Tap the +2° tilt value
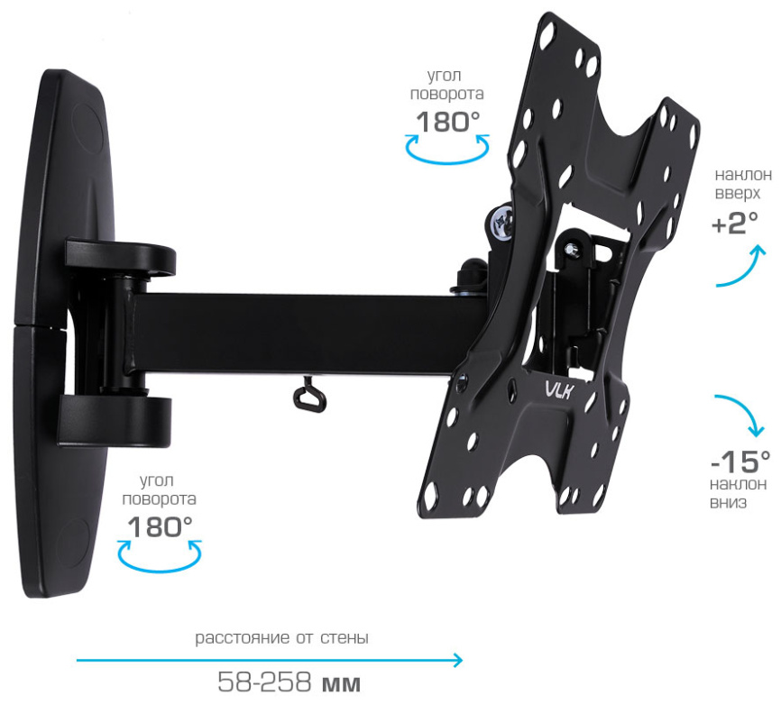click(x=735, y=222)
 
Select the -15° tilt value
click(x=740, y=462)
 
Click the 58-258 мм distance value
click(x=289, y=682)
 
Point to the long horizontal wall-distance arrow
click(x=270, y=660)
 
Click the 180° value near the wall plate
click(x=160, y=526)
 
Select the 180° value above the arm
click(x=448, y=122)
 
